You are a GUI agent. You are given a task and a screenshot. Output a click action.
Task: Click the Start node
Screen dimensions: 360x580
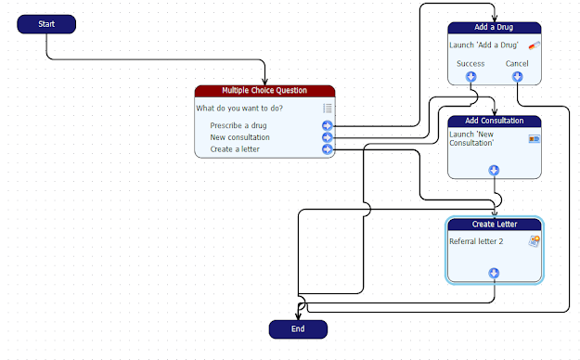tap(46, 23)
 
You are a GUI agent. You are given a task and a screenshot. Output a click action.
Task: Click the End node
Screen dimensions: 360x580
tap(298, 328)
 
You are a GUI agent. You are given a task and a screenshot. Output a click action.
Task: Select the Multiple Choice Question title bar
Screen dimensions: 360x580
tap(264, 90)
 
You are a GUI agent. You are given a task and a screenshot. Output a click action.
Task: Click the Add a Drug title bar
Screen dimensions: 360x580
tap(494, 28)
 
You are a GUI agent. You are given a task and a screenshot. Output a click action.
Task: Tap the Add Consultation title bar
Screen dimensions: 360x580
tap(494, 121)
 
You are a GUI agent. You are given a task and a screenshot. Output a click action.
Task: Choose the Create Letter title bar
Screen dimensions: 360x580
tap(494, 224)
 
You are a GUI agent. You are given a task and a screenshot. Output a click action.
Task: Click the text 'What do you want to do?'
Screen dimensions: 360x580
tap(239, 108)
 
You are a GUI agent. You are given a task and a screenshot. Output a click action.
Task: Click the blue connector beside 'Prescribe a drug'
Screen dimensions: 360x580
tap(328, 125)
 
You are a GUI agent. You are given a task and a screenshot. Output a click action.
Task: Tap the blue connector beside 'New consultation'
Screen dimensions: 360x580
tap(328, 137)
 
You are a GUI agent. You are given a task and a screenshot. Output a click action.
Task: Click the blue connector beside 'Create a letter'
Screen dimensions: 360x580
tap(328, 148)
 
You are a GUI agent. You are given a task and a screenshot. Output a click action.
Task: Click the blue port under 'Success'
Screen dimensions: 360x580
tap(471, 76)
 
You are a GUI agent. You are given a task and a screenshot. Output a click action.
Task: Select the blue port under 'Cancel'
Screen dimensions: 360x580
tap(517, 76)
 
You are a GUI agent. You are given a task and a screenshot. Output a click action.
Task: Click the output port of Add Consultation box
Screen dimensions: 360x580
tap(494, 170)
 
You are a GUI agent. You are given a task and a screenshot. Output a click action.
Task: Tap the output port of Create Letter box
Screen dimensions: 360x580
tap(494, 273)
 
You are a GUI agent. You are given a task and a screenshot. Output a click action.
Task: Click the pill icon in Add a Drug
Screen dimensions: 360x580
tap(534, 45)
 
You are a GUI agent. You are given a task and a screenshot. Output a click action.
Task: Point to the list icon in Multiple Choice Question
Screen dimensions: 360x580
tap(327, 108)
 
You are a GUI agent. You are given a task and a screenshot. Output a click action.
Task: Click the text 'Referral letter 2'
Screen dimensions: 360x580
tap(476, 241)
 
